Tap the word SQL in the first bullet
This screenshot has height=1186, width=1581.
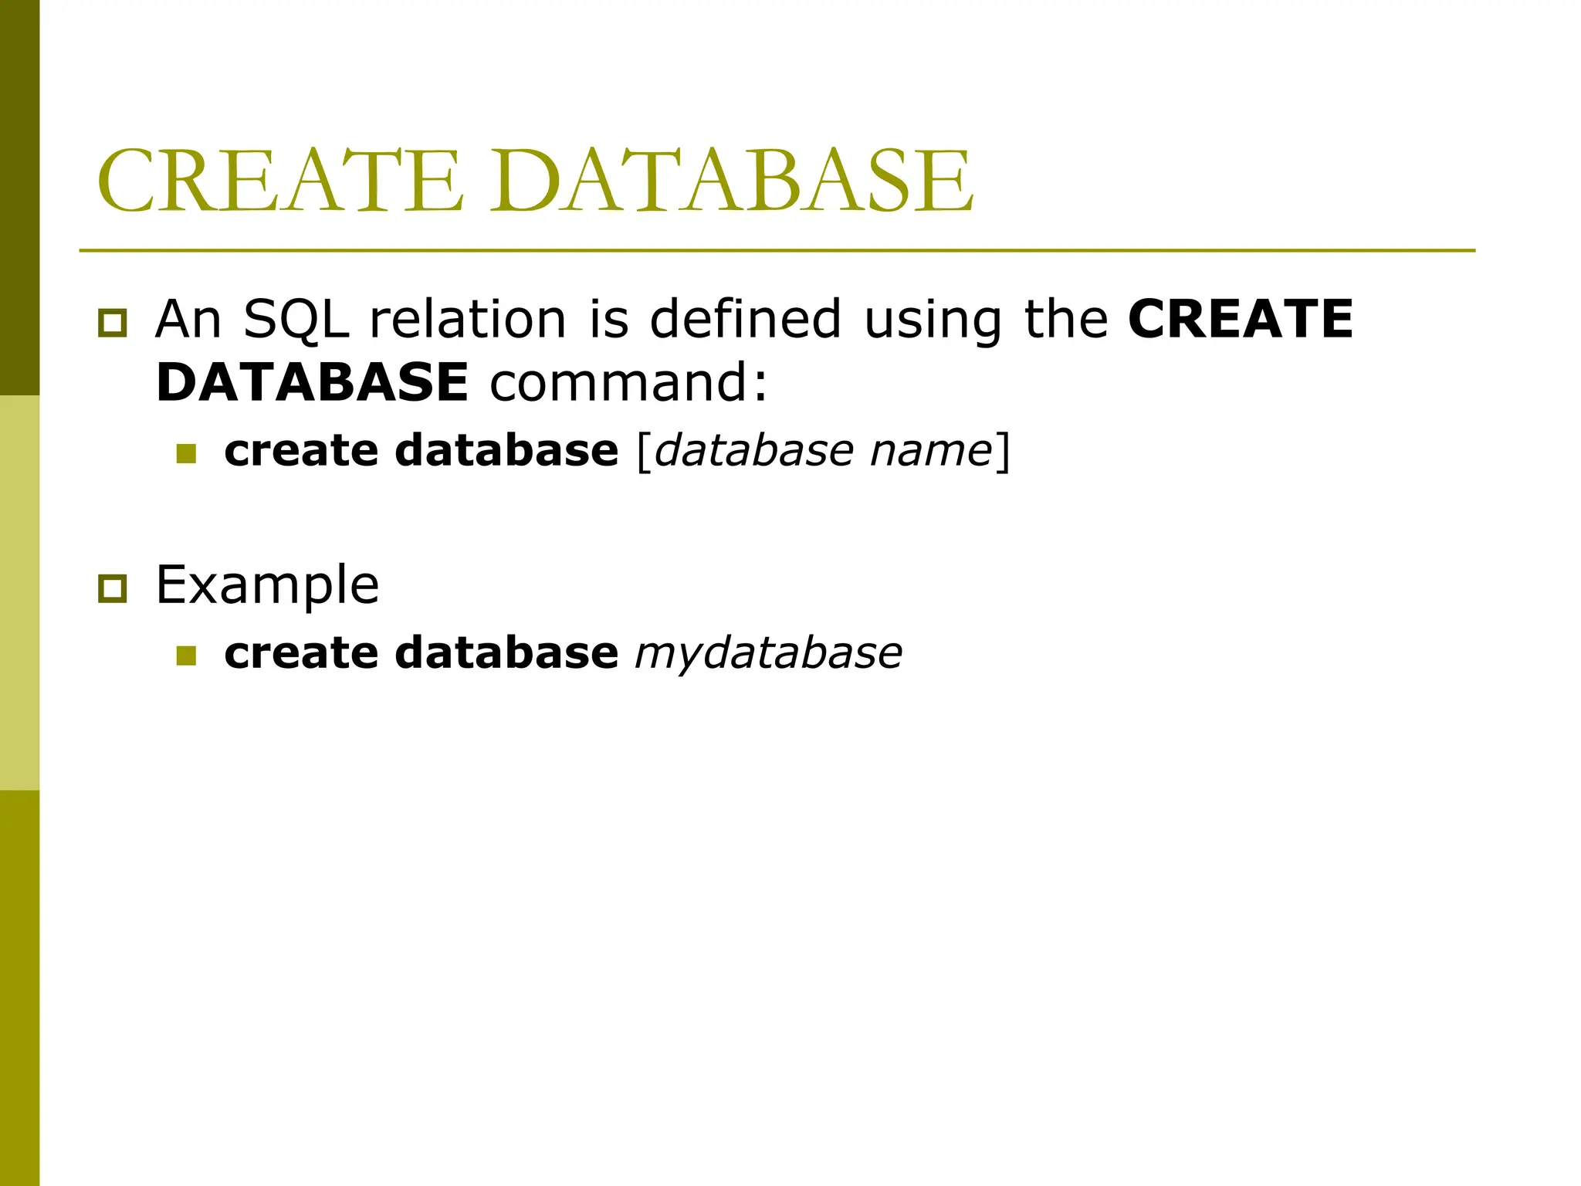pyautogui.click(x=296, y=319)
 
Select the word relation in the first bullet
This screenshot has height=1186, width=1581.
pyautogui.click(x=468, y=319)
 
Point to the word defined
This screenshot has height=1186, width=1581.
pyautogui.click(x=745, y=319)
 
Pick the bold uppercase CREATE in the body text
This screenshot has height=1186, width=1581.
pyautogui.click(x=1241, y=319)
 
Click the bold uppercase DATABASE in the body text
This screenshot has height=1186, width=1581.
pyautogui.click(x=312, y=382)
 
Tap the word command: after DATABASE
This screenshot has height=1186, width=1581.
pyautogui.click(x=629, y=382)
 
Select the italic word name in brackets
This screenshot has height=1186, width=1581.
pyautogui.click(x=931, y=451)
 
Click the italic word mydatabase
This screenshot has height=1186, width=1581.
pyautogui.click(x=768, y=653)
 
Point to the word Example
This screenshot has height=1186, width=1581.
pyautogui.click(x=267, y=585)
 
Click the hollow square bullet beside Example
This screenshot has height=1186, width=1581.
pyautogui.click(x=113, y=589)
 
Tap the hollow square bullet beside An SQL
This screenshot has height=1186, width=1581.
pyautogui.click(x=113, y=323)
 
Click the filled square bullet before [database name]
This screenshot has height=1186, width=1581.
pyautogui.click(x=186, y=453)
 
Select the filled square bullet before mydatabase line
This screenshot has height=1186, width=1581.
pyautogui.click(x=186, y=656)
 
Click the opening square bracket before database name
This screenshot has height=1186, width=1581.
pyautogui.click(x=644, y=452)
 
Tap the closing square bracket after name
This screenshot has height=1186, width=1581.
pyautogui.click(x=1002, y=452)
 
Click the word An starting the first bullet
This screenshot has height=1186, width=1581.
pyautogui.click(x=188, y=319)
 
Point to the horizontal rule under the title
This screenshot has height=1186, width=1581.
pyautogui.click(x=777, y=251)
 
